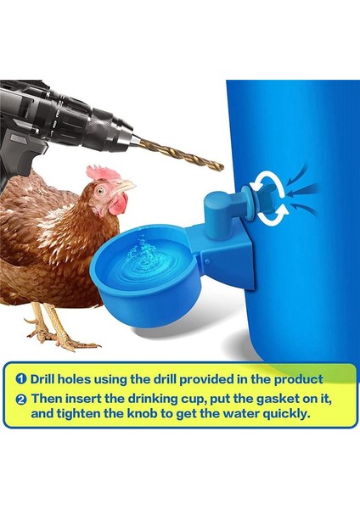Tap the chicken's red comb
pyautogui.click(x=104, y=174)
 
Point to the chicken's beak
pyautogui.click(x=127, y=185)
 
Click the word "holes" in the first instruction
pyautogui.click(x=87, y=378)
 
